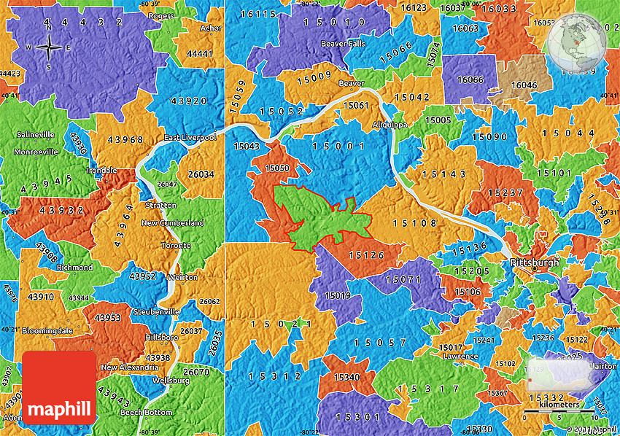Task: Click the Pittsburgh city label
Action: pyautogui.click(x=534, y=261)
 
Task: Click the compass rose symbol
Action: pyautogui.click(x=49, y=48)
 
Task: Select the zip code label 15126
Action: pyautogui.click(x=366, y=254)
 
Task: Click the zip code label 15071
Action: pyautogui.click(x=403, y=279)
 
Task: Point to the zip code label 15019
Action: pyautogui.click(x=338, y=296)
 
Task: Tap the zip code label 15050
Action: pyautogui.click(x=277, y=168)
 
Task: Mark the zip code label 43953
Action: pyautogui.click(x=107, y=318)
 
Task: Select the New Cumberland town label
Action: pyautogui.click(x=172, y=222)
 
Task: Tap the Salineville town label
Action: pyautogui.click(x=36, y=135)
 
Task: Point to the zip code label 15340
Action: pyautogui.click(x=346, y=377)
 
